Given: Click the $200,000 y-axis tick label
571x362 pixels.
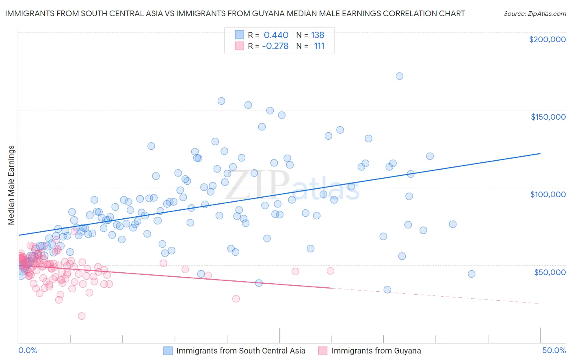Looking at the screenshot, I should [547, 39].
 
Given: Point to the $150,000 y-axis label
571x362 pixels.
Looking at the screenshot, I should [548, 117].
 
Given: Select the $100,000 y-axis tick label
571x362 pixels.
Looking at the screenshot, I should [548, 194].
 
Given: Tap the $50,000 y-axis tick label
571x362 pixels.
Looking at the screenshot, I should [549, 272].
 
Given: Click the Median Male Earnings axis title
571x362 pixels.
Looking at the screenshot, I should [11, 185].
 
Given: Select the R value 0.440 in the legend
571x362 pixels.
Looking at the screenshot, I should [276, 35].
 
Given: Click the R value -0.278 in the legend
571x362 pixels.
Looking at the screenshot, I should [275, 46].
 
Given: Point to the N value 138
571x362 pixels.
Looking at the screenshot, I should [318, 35].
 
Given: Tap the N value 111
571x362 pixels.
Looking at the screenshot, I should [319, 46].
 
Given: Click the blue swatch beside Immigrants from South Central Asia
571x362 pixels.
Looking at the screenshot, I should [168, 351].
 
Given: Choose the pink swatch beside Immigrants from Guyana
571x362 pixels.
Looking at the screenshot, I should [323, 351].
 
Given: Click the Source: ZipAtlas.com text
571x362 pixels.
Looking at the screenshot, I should [534, 14].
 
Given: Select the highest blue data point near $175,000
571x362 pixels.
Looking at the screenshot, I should [399, 76].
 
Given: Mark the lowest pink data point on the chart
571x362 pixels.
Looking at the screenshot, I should [82, 316].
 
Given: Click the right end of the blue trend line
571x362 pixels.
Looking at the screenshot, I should [540, 153].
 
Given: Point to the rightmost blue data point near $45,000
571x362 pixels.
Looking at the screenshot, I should [471, 274].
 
